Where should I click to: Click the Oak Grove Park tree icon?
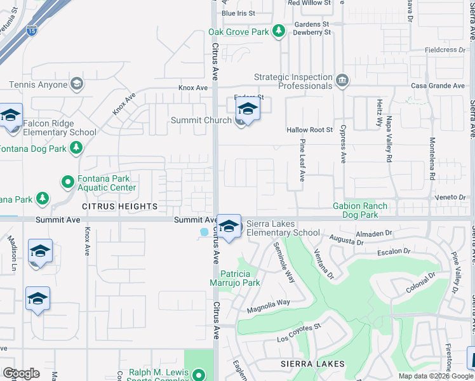pos(278,31)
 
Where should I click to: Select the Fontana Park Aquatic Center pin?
pos(68,183)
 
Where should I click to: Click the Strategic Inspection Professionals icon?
pos(342,80)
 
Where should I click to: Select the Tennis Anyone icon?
pos(76,84)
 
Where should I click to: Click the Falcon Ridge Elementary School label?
pos(60,128)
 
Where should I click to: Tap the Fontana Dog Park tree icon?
pos(76,149)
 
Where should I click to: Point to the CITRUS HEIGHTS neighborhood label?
pos(119,206)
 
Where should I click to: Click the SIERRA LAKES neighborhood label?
pos(313,364)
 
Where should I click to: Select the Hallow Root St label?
pos(310,130)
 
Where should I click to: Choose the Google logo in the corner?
pos(21,373)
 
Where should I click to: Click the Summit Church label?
pos(201,120)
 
